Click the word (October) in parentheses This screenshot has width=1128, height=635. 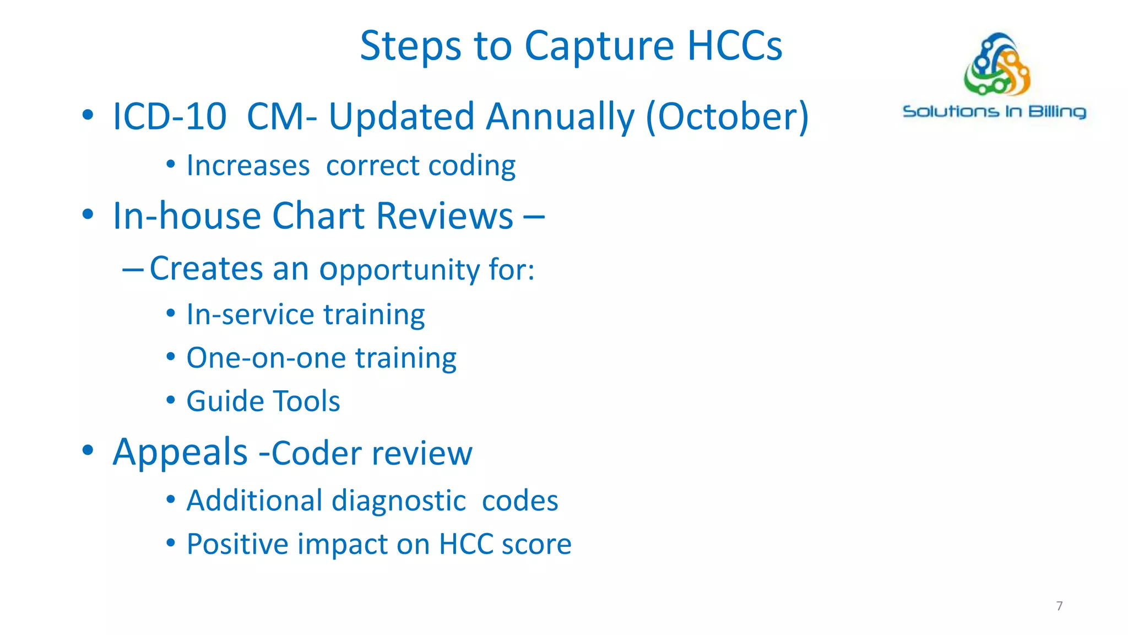pyautogui.click(x=727, y=117)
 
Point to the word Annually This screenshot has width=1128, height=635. pyautogui.click(x=560, y=117)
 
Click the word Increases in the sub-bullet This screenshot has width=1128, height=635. pyautogui.click(x=248, y=166)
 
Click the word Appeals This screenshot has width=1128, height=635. pyautogui.click(x=180, y=453)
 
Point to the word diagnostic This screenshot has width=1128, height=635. pyautogui.click(x=399, y=501)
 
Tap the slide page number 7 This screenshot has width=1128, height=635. pyautogui.click(x=1059, y=606)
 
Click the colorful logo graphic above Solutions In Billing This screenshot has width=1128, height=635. pyautogui.click(x=997, y=64)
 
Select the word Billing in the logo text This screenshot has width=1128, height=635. pyautogui.click(x=1057, y=112)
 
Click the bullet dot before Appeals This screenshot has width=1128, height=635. pyautogui.click(x=88, y=450)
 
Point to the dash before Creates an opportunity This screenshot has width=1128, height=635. pyautogui.click(x=133, y=270)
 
